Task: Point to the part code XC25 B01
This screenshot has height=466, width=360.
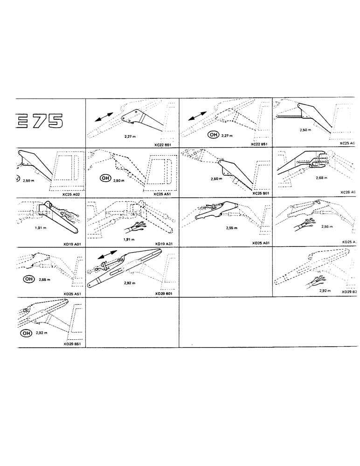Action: click(259, 193)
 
